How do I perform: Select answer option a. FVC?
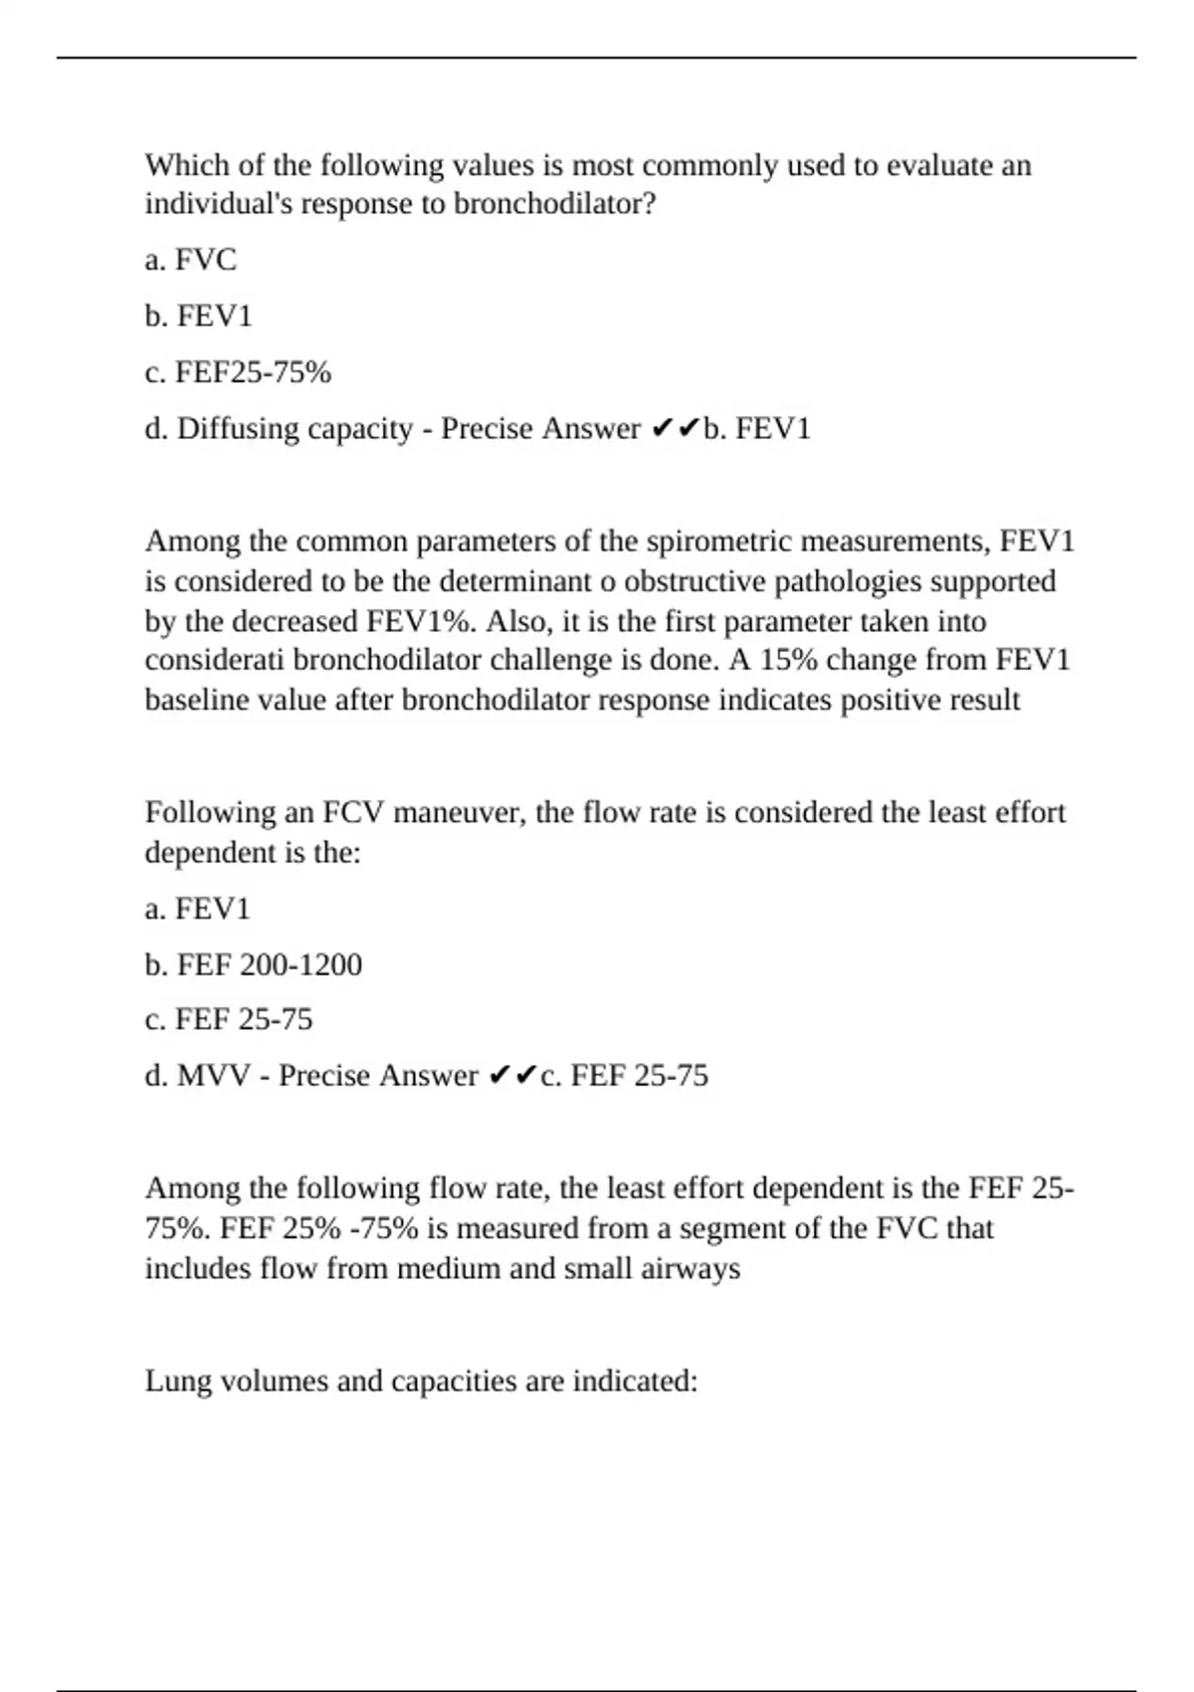click(x=191, y=260)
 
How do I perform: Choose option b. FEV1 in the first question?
click(x=199, y=317)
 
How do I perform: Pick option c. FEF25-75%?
click(x=238, y=372)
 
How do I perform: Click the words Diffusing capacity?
click(x=295, y=429)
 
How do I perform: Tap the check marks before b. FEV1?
click(x=676, y=429)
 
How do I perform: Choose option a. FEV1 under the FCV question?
click(x=198, y=909)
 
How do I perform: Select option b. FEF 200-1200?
click(x=254, y=964)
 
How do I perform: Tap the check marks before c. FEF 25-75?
click(x=513, y=1076)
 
